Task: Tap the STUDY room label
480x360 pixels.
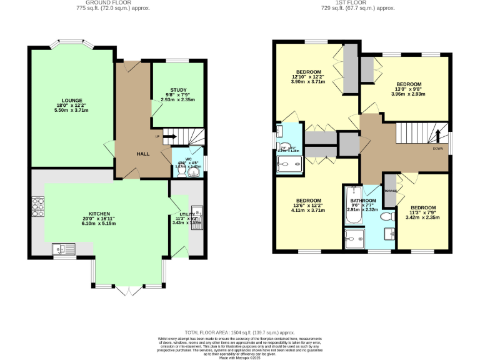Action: [178, 90]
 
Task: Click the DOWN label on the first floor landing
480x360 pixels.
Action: [437, 149]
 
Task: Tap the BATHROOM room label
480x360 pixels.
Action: [362, 200]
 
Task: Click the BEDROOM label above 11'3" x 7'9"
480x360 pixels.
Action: [422, 207]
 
